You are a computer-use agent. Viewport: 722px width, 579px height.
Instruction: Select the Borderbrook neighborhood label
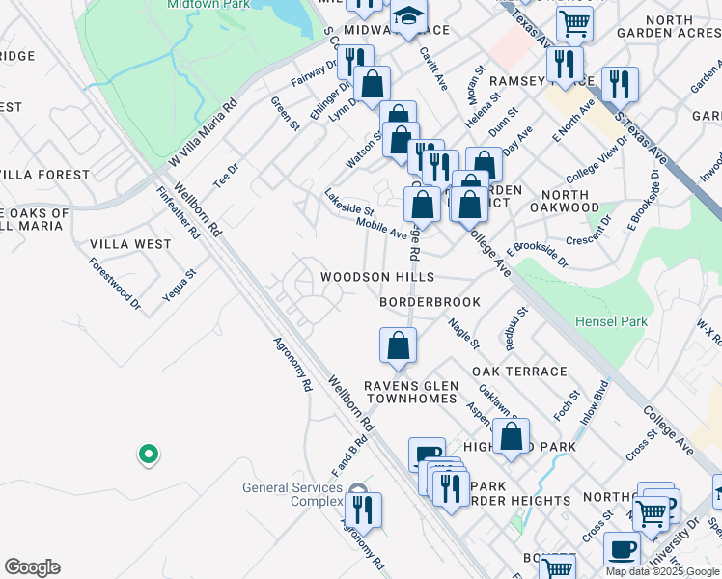point(430,302)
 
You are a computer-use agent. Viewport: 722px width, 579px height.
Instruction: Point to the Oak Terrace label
point(519,372)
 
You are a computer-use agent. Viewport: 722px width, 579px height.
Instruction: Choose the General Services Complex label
point(292,495)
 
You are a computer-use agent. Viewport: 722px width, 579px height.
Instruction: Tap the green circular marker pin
point(148,453)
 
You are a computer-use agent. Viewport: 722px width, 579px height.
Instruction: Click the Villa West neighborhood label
point(130,244)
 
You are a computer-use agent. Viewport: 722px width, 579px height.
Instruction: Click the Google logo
point(32,567)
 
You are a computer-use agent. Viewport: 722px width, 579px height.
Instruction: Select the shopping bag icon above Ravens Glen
point(399,345)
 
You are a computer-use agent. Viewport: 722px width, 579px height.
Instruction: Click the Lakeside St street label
point(349,202)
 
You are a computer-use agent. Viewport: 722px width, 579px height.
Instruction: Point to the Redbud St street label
point(510,329)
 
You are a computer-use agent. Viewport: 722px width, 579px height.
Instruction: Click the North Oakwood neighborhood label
point(564,201)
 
